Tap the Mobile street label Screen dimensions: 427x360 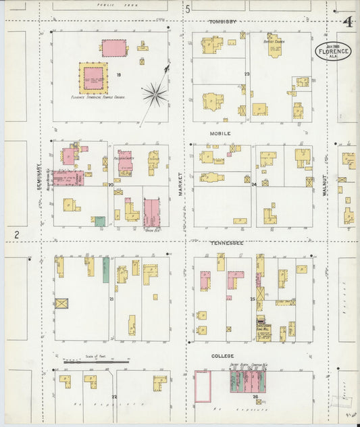220,133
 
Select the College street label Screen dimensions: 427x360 222,355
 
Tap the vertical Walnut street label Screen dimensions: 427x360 325,184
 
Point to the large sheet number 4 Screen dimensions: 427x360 348,22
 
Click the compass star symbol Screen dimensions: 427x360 155,95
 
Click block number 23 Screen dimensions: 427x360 247,74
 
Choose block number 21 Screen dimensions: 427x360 111,298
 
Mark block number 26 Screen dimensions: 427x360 255,397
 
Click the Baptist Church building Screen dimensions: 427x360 274,47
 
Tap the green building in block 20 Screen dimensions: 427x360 100,221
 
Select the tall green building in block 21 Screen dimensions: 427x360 106,269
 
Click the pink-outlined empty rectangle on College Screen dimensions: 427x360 203,386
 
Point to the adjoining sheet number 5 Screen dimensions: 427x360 188,9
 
